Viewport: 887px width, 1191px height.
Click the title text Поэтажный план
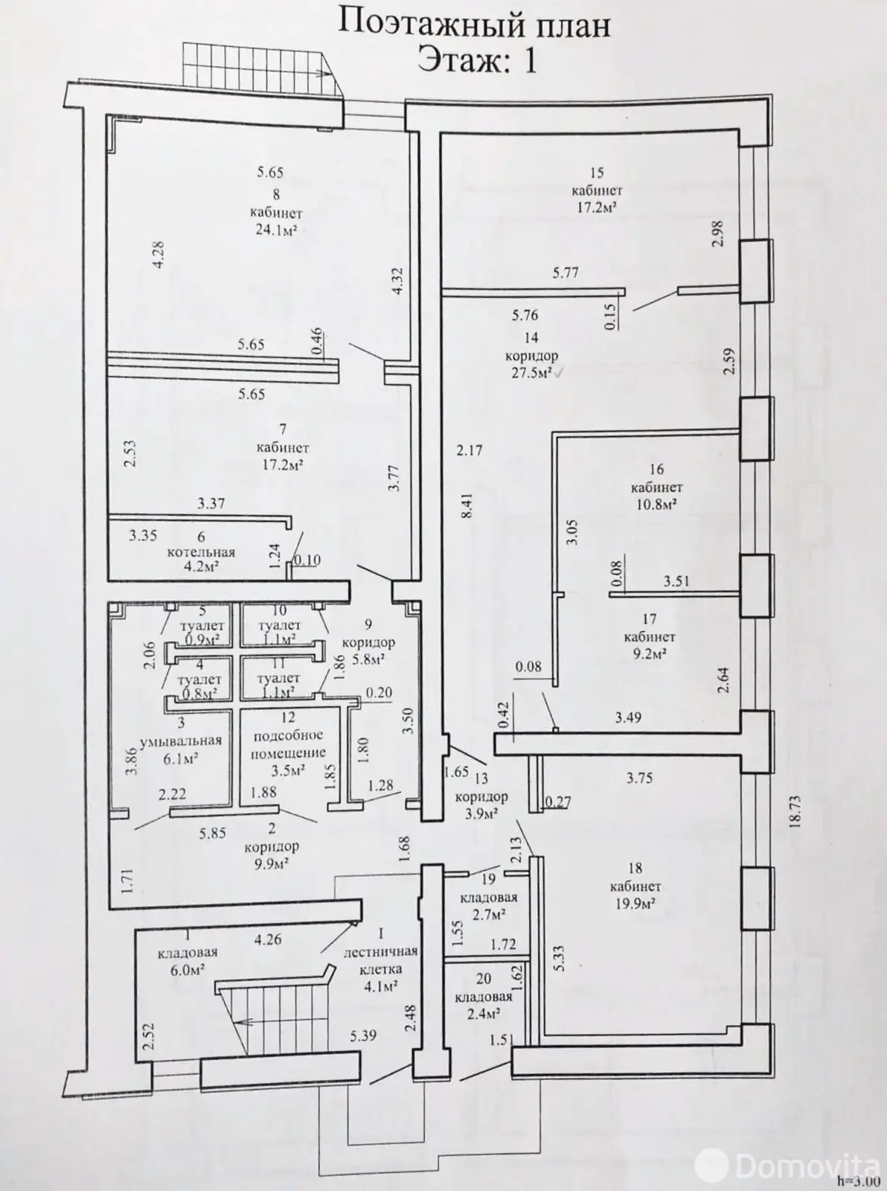pyautogui.click(x=475, y=25)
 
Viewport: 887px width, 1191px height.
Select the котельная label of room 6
pyautogui.click(x=201, y=552)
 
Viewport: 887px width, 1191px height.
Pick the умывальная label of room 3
pyautogui.click(x=181, y=741)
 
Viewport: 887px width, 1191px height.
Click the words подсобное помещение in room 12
pyautogui.click(x=288, y=744)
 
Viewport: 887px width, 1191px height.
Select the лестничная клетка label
pyautogui.click(x=380, y=959)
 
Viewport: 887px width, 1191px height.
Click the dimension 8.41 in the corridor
pyautogui.click(x=467, y=506)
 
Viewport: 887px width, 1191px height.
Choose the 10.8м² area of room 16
pyautogui.click(x=656, y=505)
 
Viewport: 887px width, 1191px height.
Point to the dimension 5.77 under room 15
pyautogui.click(x=566, y=273)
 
